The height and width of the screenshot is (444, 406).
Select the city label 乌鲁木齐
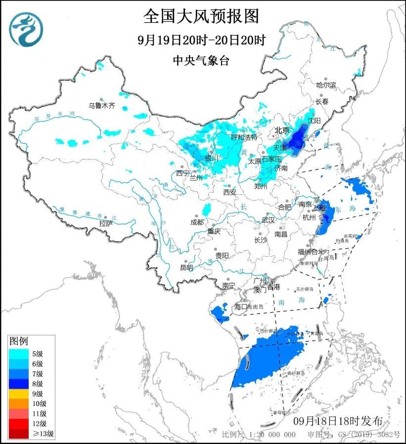(101, 105)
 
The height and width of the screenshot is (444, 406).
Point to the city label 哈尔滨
(326, 85)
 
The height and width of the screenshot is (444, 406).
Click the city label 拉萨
(105, 224)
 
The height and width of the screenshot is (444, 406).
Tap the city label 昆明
(186, 268)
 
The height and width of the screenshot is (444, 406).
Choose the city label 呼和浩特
(244, 137)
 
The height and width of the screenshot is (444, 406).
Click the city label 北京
(281, 130)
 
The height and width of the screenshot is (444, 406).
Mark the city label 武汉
(268, 220)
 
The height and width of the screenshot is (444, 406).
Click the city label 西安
(230, 192)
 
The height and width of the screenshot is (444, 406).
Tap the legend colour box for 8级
(19, 383)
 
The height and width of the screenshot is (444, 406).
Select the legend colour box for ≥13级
(19, 434)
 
